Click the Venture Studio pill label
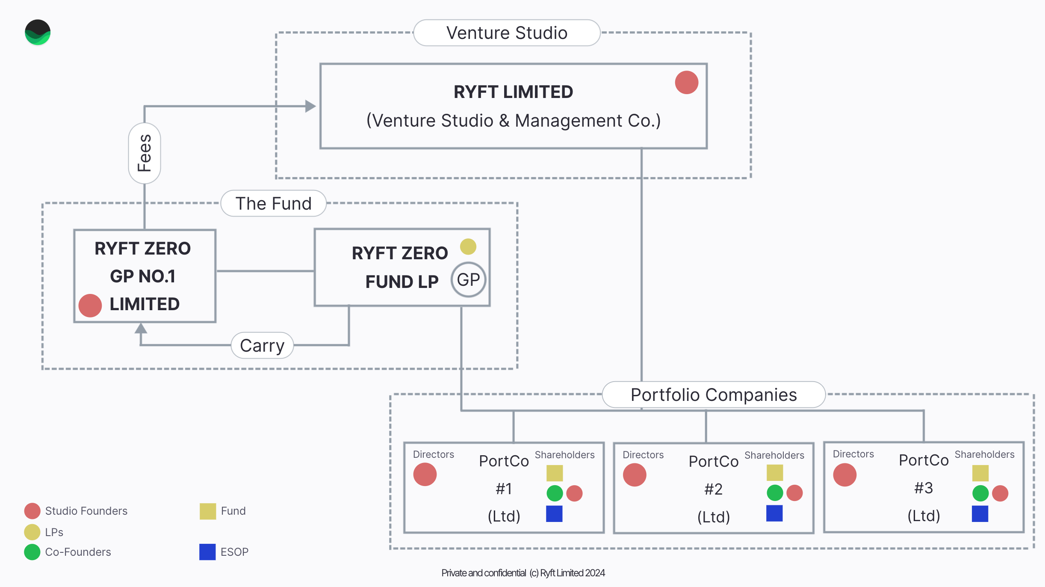507,33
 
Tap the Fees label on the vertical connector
145,153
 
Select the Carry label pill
262,345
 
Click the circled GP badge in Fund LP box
468,280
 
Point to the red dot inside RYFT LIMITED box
686,83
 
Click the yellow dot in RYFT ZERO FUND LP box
468,247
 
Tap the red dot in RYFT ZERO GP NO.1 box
90,305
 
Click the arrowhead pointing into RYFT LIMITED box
310,106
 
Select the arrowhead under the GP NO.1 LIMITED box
141,329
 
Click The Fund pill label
273,204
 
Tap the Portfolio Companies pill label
713,394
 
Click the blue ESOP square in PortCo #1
554,513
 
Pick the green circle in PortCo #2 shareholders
775,493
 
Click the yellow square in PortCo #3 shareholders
980,473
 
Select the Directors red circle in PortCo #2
635,475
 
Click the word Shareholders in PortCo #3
984,454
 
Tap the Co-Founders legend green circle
32,552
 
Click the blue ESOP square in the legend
207,552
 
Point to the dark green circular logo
38,33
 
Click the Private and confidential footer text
523,573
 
